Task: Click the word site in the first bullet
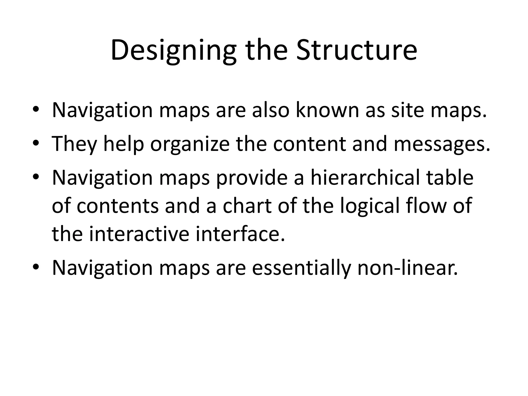click(x=407, y=110)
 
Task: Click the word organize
click(x=189, y=144)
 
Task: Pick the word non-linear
click(x=408, y=268)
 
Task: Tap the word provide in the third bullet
click(x=251, y=178)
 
